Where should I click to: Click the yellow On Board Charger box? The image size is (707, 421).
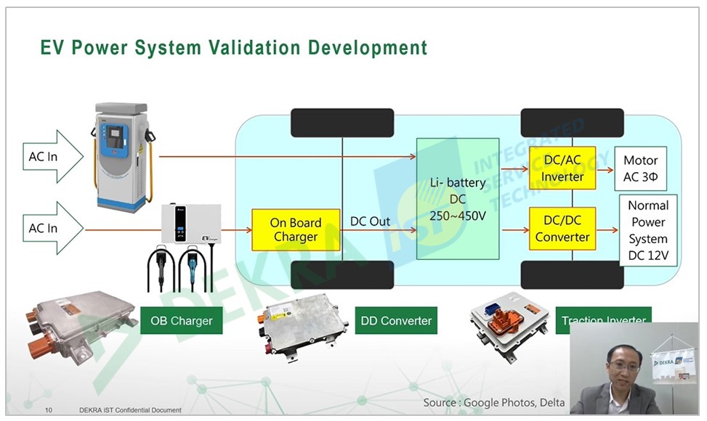tap(296, 230)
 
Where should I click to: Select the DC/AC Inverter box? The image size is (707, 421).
tap(562, 168)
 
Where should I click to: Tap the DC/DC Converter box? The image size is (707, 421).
tap(562, 229)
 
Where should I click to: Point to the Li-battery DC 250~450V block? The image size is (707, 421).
tap(457, 199)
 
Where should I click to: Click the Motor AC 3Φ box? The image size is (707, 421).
tap(640, 168)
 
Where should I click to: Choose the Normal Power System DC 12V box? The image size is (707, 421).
tap(648, 230)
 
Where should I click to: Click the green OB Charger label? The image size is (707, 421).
tap(181, 320)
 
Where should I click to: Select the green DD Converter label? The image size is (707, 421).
tap(396, 320)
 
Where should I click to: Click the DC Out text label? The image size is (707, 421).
tap(370, 221)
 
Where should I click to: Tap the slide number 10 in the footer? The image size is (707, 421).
tap(49, 411)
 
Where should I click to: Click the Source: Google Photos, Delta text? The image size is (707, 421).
tap(493, 402)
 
